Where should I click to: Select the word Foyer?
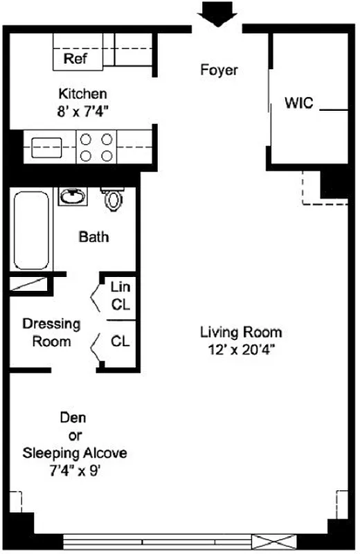pos(219,70)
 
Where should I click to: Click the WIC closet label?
pos(298,104)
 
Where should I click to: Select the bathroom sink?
pos(73,197)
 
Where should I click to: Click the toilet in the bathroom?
pos(114,199)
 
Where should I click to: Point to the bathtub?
pos(31,231)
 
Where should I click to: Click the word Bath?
pos(93,237)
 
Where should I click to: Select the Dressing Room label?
pos(51,332)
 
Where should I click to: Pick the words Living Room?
pos(241,332)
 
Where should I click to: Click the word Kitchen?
pos(82,93)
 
